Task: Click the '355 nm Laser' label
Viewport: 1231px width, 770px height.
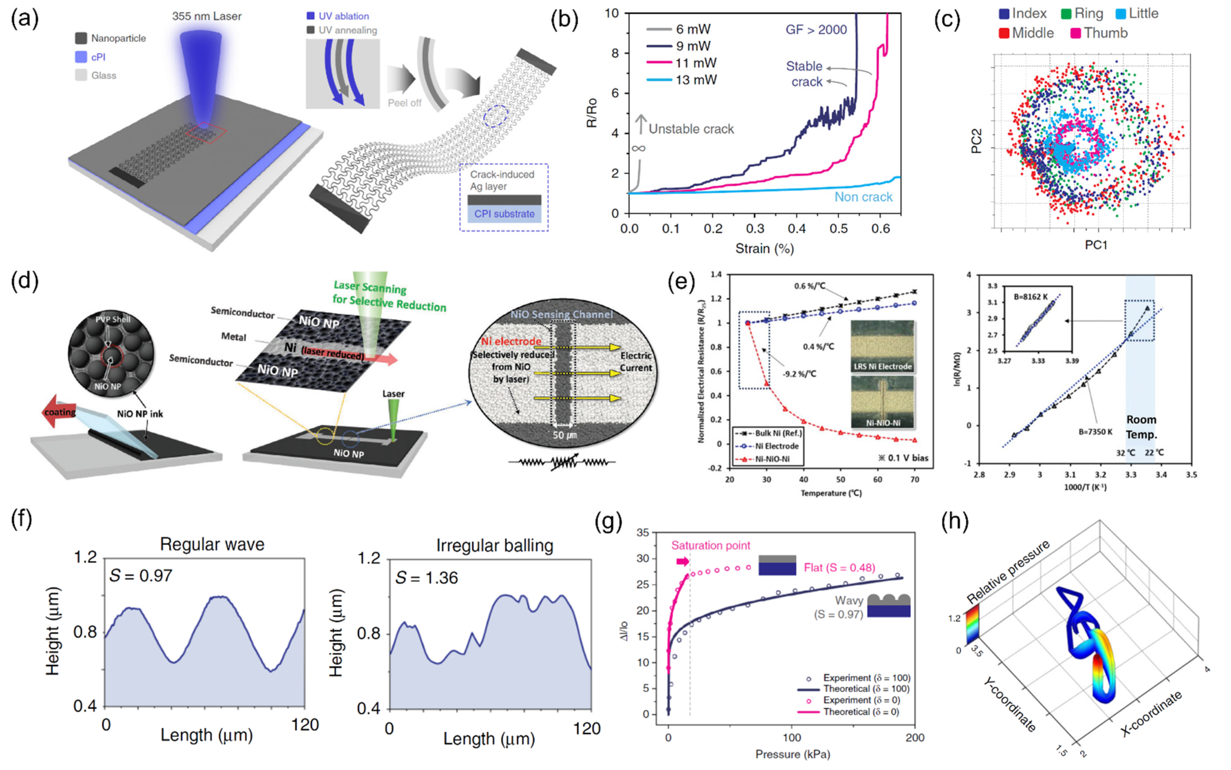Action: click(206, 16)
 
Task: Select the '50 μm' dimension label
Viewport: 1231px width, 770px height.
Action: click(565, 435)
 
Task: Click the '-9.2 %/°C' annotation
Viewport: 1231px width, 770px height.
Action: click(799, 374)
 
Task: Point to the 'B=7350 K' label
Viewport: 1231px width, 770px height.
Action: click(1096, 432)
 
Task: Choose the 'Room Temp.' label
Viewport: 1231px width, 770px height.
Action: click(1141, 427)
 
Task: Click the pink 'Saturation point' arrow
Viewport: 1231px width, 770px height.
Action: click(682, 561)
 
